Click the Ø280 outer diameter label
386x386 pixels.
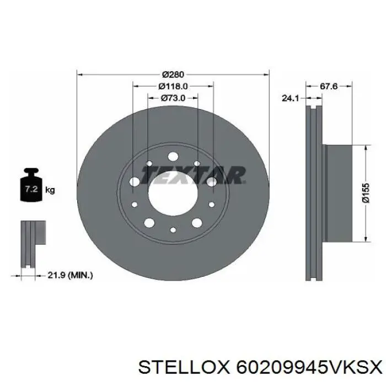point(173,74)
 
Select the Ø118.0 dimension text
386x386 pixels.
point(173,86)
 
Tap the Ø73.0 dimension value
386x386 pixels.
point(173,98)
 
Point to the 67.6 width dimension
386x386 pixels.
point(329,86)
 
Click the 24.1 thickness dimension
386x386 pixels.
point(290,98)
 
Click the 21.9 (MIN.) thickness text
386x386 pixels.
point(70,275)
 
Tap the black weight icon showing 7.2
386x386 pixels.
point(31,185)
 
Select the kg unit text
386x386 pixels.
point(50,190)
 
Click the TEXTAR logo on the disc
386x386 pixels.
point(193,175)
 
